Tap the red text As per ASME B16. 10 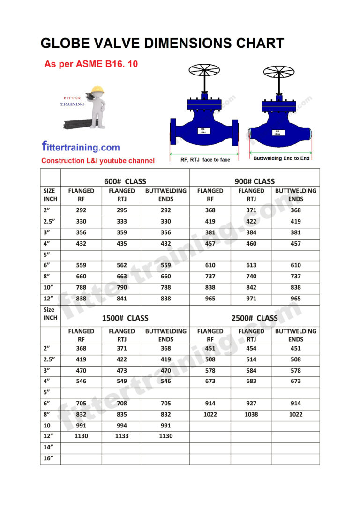point(91,64)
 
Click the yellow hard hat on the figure point(97,89)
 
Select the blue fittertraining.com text point(81,147)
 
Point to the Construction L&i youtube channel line point(97,161)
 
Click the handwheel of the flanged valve point(204,71)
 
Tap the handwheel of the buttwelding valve point(278,72)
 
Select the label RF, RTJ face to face point(205,160)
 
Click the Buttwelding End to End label point(281,158)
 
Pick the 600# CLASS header point(125,181)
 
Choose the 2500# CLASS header point(255,318)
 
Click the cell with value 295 point(122,210)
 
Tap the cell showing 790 point(122,287)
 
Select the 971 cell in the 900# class point(251,299)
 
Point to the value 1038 point(251,414)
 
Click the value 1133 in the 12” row point(122,436)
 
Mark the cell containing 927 point(251,403)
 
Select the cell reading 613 point(251,265)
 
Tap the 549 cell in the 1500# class point(122,381)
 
